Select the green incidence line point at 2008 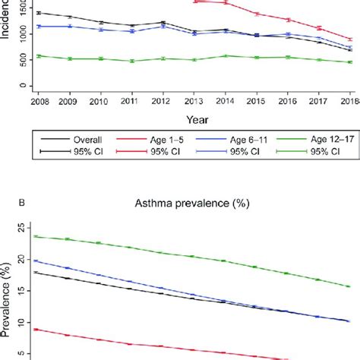click(37, 55)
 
